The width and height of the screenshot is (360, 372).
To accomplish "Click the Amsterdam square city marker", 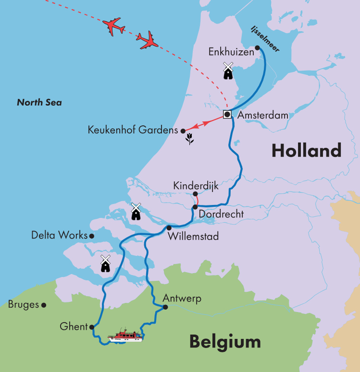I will pos(227,114).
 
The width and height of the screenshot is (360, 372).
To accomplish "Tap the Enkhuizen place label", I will pos(230,52).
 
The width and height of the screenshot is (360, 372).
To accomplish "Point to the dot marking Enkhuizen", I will pos(258,48).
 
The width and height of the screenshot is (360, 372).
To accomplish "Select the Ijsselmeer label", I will pos(264,38).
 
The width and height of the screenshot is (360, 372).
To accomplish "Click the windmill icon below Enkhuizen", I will pos(228,71).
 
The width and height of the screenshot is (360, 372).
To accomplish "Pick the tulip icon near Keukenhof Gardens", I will pos(190,140).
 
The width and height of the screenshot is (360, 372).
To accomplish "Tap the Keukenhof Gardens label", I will pos(133,130).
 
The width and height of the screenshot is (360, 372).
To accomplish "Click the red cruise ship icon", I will pos(126,336).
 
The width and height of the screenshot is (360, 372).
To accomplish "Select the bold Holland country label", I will pos(306,151).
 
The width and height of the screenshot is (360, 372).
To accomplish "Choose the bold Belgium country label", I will pos(224,342).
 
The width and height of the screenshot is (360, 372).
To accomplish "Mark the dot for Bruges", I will pos(44,305).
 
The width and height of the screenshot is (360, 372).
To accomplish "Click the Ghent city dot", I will pos(91,327).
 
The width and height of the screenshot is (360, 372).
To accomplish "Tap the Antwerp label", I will pos(182,298).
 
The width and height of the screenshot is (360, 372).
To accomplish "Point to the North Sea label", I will pos(39,102).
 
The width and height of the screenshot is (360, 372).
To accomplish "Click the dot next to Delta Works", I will pos(91,236).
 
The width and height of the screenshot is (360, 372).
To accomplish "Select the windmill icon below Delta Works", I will pos(105,264).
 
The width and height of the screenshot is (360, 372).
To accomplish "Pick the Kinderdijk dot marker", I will pos(195,194).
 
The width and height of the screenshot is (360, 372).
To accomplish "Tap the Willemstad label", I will pos(193,237).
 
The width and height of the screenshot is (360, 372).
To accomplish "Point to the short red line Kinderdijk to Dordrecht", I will pos(198,201).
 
